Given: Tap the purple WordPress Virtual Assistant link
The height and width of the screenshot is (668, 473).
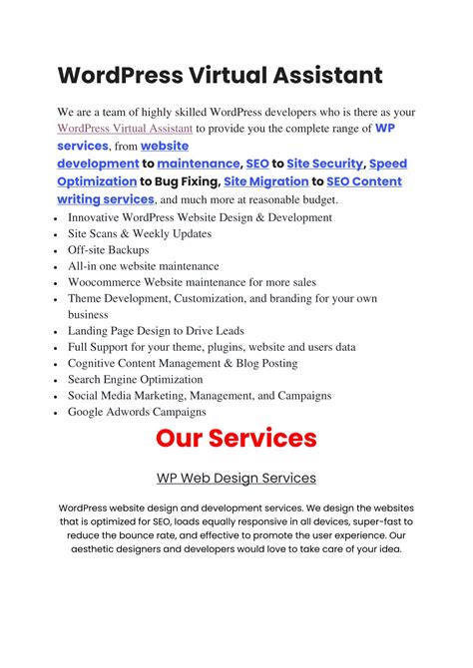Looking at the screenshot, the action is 125,129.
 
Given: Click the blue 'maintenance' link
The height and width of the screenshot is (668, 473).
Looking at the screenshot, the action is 199,164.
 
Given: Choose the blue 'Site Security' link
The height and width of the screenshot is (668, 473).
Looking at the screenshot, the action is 325,164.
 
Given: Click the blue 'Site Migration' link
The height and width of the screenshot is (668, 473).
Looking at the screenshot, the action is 265,181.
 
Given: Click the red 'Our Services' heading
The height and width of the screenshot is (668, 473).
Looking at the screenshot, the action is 236,438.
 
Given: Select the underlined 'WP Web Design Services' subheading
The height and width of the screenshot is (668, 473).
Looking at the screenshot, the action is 236,478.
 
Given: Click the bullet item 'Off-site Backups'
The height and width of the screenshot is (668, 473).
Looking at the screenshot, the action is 108,250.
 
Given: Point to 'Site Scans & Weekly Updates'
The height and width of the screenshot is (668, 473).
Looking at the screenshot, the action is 140,233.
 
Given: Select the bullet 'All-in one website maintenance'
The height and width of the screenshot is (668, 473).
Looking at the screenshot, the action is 143,266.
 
